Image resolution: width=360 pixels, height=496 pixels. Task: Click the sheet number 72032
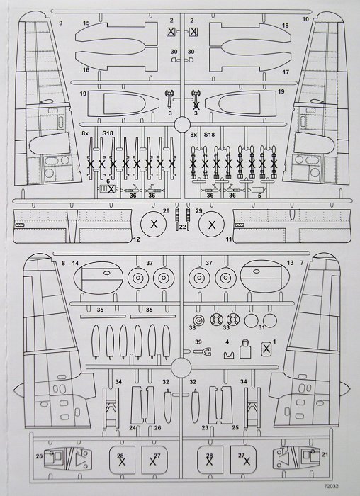coord(331,487)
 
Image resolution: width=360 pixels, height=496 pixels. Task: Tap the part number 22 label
coord(183,227)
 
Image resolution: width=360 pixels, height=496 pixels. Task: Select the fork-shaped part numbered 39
coord(203,351)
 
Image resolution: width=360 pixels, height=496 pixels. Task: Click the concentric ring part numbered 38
coord(198,321)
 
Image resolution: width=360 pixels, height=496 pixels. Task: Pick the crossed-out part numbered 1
coord(266,349)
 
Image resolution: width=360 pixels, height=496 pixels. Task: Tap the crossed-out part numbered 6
coord(107,189)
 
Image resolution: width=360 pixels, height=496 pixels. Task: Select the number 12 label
coord(136,239)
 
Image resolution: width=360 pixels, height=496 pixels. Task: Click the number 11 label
coord(229,239)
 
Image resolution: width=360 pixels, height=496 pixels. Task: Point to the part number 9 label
coord(61,23)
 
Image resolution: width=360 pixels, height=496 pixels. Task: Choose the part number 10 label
coord(305,19)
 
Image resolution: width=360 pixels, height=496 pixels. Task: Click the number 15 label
coord(86,23)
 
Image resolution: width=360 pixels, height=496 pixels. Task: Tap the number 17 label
coord(286,72)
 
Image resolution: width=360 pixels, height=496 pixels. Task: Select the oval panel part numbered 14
coord(98,277)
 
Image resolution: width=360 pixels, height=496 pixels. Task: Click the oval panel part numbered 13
coord(265,276)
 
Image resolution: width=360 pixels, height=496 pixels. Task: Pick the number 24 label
coord(133,428)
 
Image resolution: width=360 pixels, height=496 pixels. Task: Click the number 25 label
coord(235,428)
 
